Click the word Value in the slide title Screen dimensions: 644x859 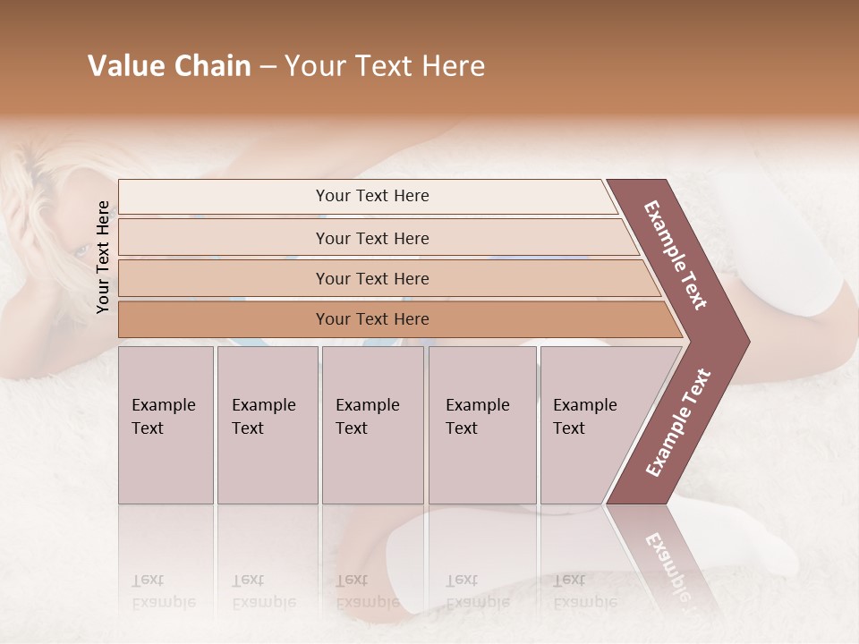124,66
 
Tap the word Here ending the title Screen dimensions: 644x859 453,66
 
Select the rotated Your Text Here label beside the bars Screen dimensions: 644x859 103,257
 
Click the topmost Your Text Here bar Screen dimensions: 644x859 371,196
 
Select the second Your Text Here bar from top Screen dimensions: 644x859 371,238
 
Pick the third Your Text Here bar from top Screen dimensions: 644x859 371,278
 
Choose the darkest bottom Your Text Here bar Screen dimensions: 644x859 371,319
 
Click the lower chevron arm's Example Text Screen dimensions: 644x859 677,423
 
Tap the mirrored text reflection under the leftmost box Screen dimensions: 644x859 163,590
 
